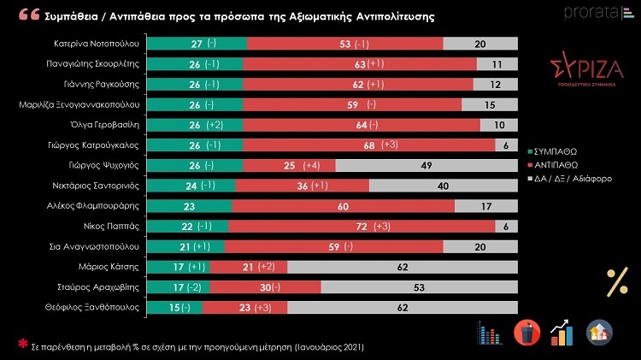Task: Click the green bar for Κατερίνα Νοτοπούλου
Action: click(196, 44)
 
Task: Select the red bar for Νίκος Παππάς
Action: click(363, 227)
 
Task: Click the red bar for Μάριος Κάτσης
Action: click(249, 268)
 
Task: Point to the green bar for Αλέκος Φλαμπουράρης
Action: click(189, 206)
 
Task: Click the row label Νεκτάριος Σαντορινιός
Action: click(96, 186)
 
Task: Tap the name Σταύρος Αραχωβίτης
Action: click(100, 288)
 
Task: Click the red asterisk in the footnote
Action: click(22, 345)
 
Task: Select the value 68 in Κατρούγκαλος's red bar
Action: click(369, 145)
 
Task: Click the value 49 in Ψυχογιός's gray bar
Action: click(424, 165)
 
